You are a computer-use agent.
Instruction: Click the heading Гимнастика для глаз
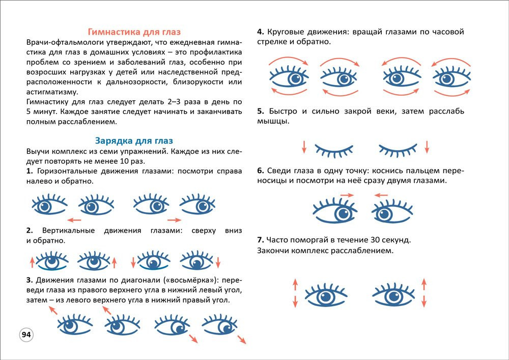[x=134, y=32]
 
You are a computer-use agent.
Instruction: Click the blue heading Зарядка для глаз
[x=134, y=141]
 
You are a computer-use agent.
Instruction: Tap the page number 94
[x=26, y=335]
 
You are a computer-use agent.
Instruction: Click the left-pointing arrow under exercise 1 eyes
[x=74, y=220]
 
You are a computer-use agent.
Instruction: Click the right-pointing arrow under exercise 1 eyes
[x=174, y=220]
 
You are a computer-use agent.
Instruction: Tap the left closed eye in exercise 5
[x=334, y=149]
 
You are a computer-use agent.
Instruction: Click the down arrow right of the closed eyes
[x=427, y=147]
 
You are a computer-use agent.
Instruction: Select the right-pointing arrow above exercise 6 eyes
[x=347, y=195]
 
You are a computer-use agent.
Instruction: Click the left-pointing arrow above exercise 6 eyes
[x=381, y=195]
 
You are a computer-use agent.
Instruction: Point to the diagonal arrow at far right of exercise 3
[x=241, y=340]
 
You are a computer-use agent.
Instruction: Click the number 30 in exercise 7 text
[x=379, y=239]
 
